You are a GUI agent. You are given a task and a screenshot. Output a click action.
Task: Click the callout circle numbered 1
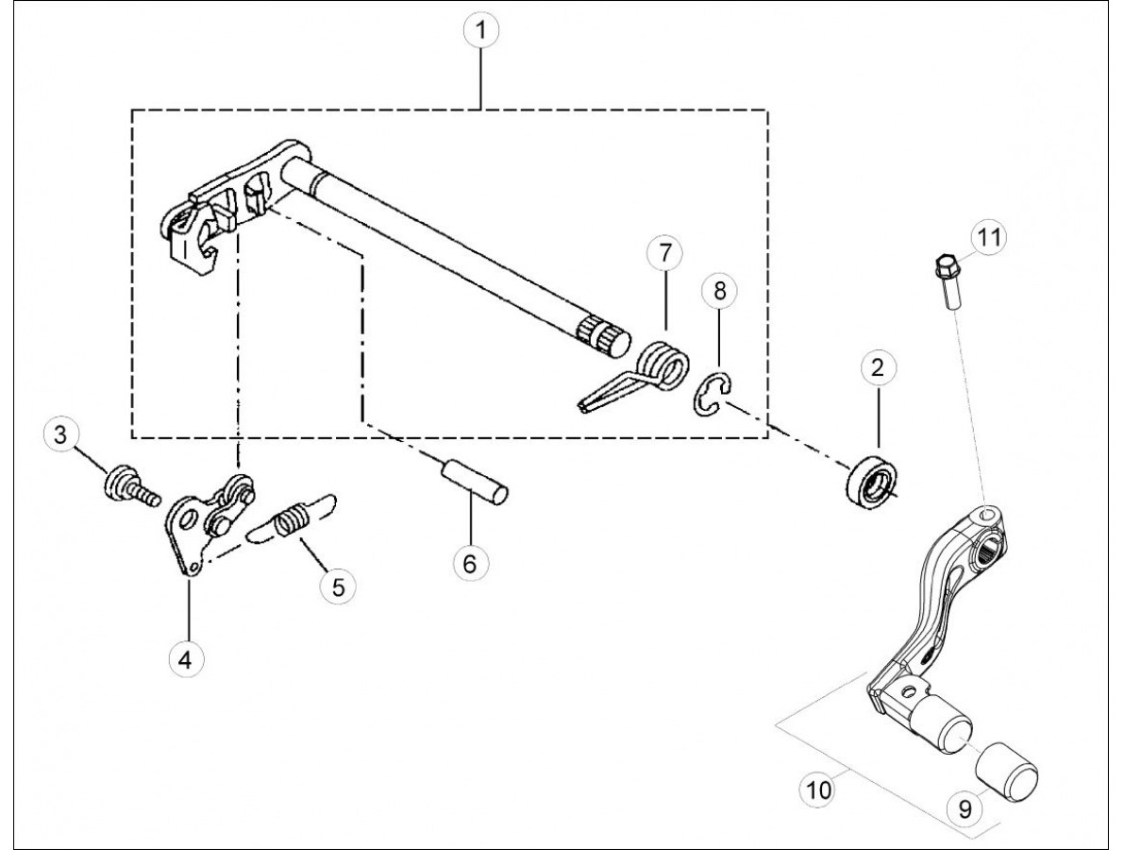[x=480, y=30]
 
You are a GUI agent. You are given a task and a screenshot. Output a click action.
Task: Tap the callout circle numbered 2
[x=878, y=368]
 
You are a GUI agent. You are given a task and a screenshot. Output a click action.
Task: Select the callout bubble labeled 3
[x=60, y=433]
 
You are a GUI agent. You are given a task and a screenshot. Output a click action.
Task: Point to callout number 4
[x=186, y=658]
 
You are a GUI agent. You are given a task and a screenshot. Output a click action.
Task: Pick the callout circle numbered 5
[x=339, y=586]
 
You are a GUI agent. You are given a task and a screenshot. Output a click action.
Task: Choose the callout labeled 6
[x=470, y=563]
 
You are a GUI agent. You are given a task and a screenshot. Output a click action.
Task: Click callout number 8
[x=720, y=291]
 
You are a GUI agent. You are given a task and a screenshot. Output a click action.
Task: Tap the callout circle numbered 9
[x=965, y=808]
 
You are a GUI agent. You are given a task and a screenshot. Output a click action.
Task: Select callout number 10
[x=818, y=790]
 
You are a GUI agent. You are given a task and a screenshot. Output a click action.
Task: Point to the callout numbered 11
[x=989, y=237]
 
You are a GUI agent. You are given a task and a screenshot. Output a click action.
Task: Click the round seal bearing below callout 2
[x=870, y=486]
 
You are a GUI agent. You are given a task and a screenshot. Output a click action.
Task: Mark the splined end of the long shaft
[x=604, y=334]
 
